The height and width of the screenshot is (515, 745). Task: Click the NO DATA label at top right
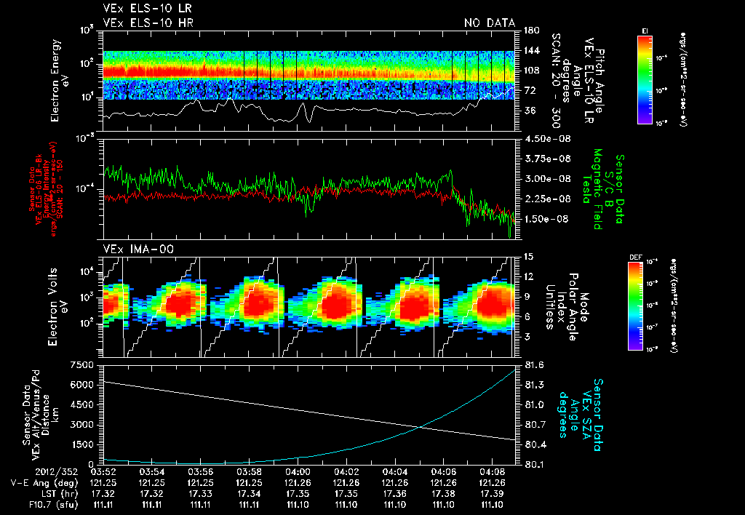click(x=489, y=23)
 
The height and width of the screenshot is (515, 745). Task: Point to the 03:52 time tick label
click(x=103, y=471)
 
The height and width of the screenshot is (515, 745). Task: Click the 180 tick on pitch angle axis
click(x=530, y=31)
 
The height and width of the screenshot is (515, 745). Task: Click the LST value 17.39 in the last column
click(x=493, y=493)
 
